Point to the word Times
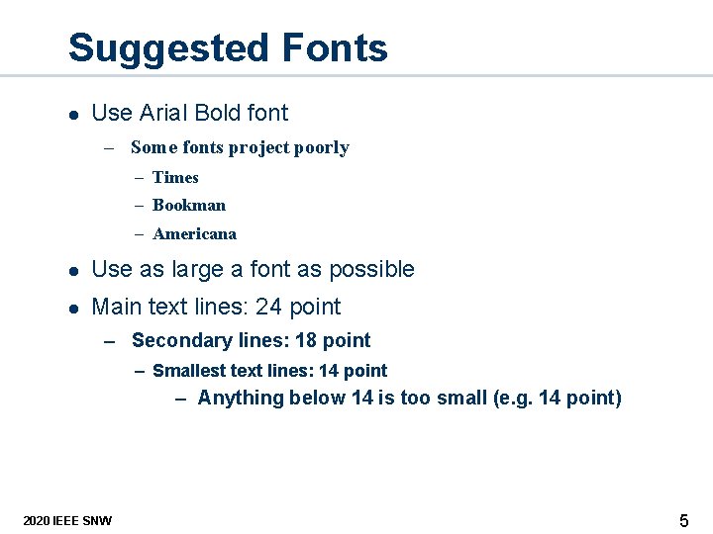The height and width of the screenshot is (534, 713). click(175, 178)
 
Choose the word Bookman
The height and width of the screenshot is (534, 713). click(189, 206)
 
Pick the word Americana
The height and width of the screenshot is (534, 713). click(194, 234)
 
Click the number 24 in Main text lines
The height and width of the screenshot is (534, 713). click(268, 308)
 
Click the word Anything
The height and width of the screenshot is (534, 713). click(236, 399)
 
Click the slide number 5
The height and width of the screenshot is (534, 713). click(683, 520)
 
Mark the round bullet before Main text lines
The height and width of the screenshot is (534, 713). click(71, 309)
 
